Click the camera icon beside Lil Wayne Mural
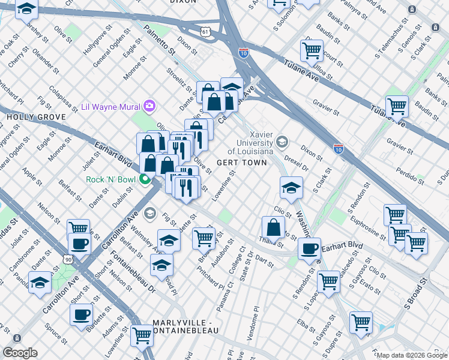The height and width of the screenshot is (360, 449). click(149, 107)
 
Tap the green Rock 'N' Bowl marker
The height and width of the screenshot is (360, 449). click(145, 179)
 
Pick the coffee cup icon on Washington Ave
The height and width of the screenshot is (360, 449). click(309, 248)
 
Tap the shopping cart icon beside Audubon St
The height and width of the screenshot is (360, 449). click(203, 238)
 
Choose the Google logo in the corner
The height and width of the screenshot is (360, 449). click(20, 353)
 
